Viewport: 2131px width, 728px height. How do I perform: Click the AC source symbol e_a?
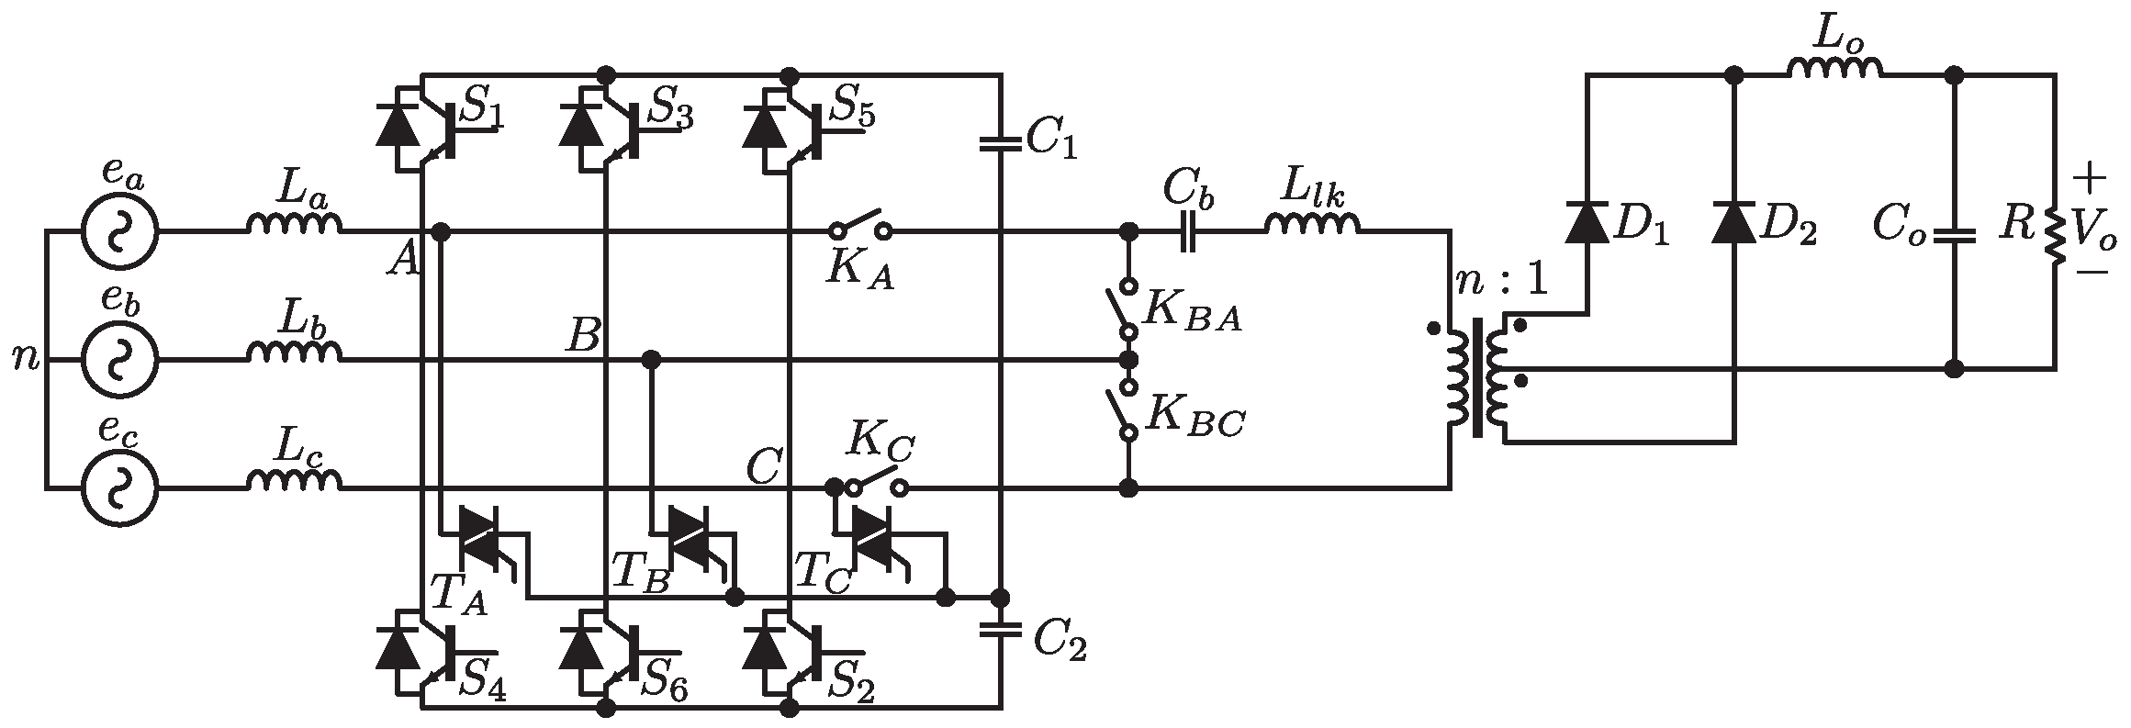(118, 232)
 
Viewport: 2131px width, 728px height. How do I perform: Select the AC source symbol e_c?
(118, 488)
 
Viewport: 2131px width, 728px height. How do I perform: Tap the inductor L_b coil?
(294, 353)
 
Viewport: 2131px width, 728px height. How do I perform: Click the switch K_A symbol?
(860, 226)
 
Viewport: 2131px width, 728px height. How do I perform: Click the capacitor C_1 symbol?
(1000, 143)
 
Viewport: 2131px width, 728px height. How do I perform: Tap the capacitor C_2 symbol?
(1000, 630)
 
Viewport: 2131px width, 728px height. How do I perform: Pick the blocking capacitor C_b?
(1188, 232)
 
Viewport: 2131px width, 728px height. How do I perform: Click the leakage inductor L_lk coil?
(1313, 224)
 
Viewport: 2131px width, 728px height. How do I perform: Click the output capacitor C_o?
(1954, 236)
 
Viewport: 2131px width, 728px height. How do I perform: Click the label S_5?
(852, 110)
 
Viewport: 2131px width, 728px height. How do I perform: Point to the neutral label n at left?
(26, 358)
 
